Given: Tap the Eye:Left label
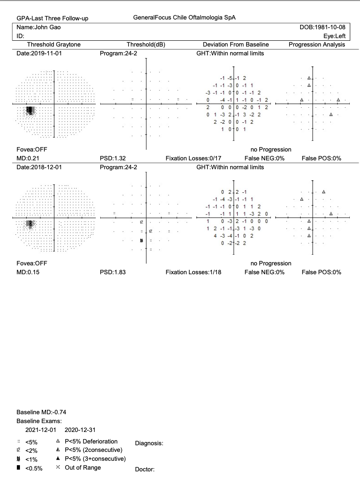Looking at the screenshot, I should pos(335,36).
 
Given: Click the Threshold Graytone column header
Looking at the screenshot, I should pos(54,44).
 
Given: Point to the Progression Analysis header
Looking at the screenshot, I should pos(317,44).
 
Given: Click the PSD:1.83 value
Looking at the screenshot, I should pos(113,272).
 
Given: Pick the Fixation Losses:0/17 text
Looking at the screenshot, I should pos(193,158).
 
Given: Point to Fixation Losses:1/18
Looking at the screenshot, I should pos(193,272).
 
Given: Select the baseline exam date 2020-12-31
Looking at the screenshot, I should pos(80,430).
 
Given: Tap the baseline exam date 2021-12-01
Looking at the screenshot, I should pos(40,430).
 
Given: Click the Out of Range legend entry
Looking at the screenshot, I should pos(82,467).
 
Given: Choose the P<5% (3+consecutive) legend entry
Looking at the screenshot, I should pos(95,459).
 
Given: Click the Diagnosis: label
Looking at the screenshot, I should pos(149,443).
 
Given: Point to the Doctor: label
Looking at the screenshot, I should pos(145,470).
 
